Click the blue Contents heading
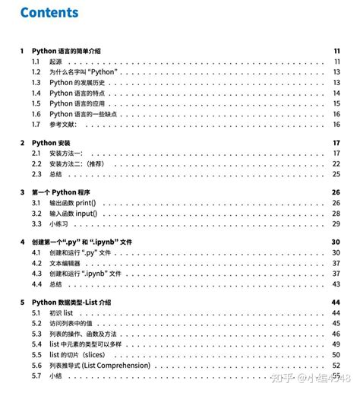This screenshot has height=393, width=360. (x=49, y=13)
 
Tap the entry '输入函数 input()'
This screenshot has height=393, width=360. (x=74, y=214)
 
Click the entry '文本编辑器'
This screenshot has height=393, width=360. (x=67, y=263)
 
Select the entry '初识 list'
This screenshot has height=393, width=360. (x=62, y=313)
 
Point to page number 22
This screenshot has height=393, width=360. (x=336, y=163)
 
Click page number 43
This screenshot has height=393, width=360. (x=336, y=284)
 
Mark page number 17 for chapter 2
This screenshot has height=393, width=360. (x=336, y=142)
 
